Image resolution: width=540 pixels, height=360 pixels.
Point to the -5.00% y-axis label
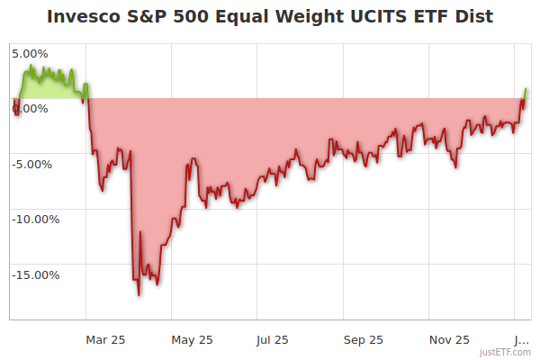coord(32,164)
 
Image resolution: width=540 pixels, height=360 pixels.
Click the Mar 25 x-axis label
coord(105,339)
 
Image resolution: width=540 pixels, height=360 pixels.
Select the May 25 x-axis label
coord(192,339)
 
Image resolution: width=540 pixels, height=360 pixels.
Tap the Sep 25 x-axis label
coord(363,339)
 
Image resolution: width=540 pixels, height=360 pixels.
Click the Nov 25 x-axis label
coord(448,339)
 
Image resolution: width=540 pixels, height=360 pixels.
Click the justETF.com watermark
coord(505,352)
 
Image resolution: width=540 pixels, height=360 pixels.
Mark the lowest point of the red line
coord(139,294)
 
